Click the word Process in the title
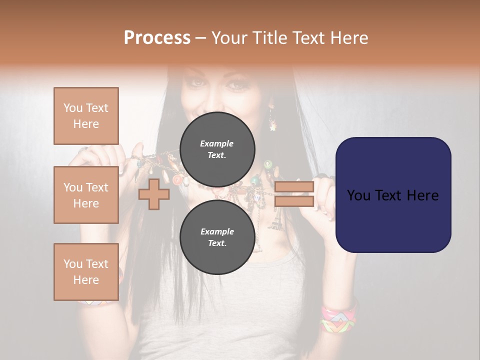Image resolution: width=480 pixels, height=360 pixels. point(157,38)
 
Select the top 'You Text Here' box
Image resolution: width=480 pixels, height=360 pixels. point(86,116)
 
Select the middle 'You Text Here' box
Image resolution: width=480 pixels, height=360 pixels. point(86,195)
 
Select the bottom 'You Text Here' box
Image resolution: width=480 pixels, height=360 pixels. point(86,271)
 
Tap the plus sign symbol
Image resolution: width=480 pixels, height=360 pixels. point(154,194)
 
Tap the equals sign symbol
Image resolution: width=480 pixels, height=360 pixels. point(294,194)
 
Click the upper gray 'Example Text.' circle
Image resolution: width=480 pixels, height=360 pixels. point(217,149)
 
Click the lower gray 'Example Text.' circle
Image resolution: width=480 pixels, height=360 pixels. point(217,237)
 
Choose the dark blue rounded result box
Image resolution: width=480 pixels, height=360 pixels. point(393,194)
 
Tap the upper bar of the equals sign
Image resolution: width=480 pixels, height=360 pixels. point(294,187)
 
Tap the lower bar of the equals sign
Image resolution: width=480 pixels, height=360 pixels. point(294,201)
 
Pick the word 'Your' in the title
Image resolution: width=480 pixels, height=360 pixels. point(229,38)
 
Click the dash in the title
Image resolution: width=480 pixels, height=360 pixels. point(200,38)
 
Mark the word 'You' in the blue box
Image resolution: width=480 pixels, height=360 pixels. point(359,195)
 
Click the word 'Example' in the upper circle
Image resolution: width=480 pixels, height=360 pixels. point(216,143)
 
